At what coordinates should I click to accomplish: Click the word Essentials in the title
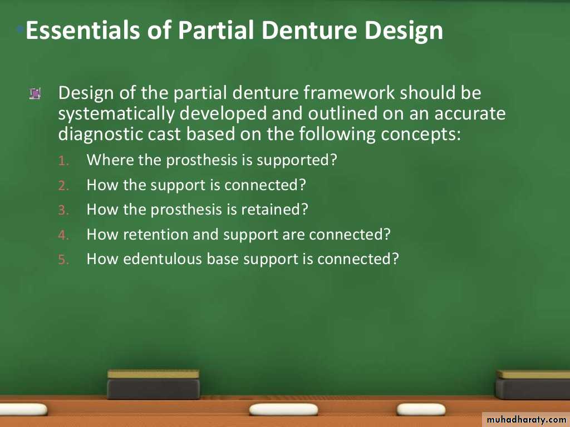point(82,30)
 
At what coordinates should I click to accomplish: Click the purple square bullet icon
point(35,93)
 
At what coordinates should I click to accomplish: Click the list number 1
point(63,161)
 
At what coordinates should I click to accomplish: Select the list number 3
point(63,210)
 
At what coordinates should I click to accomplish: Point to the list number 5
point(63,260)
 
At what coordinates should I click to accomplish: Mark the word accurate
point(470,114)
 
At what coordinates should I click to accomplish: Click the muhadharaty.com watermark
point(526,420)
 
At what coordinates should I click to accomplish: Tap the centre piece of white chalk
point(283,410)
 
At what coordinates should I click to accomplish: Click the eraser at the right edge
point(533,385)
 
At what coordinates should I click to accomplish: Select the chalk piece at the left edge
point(22,410)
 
